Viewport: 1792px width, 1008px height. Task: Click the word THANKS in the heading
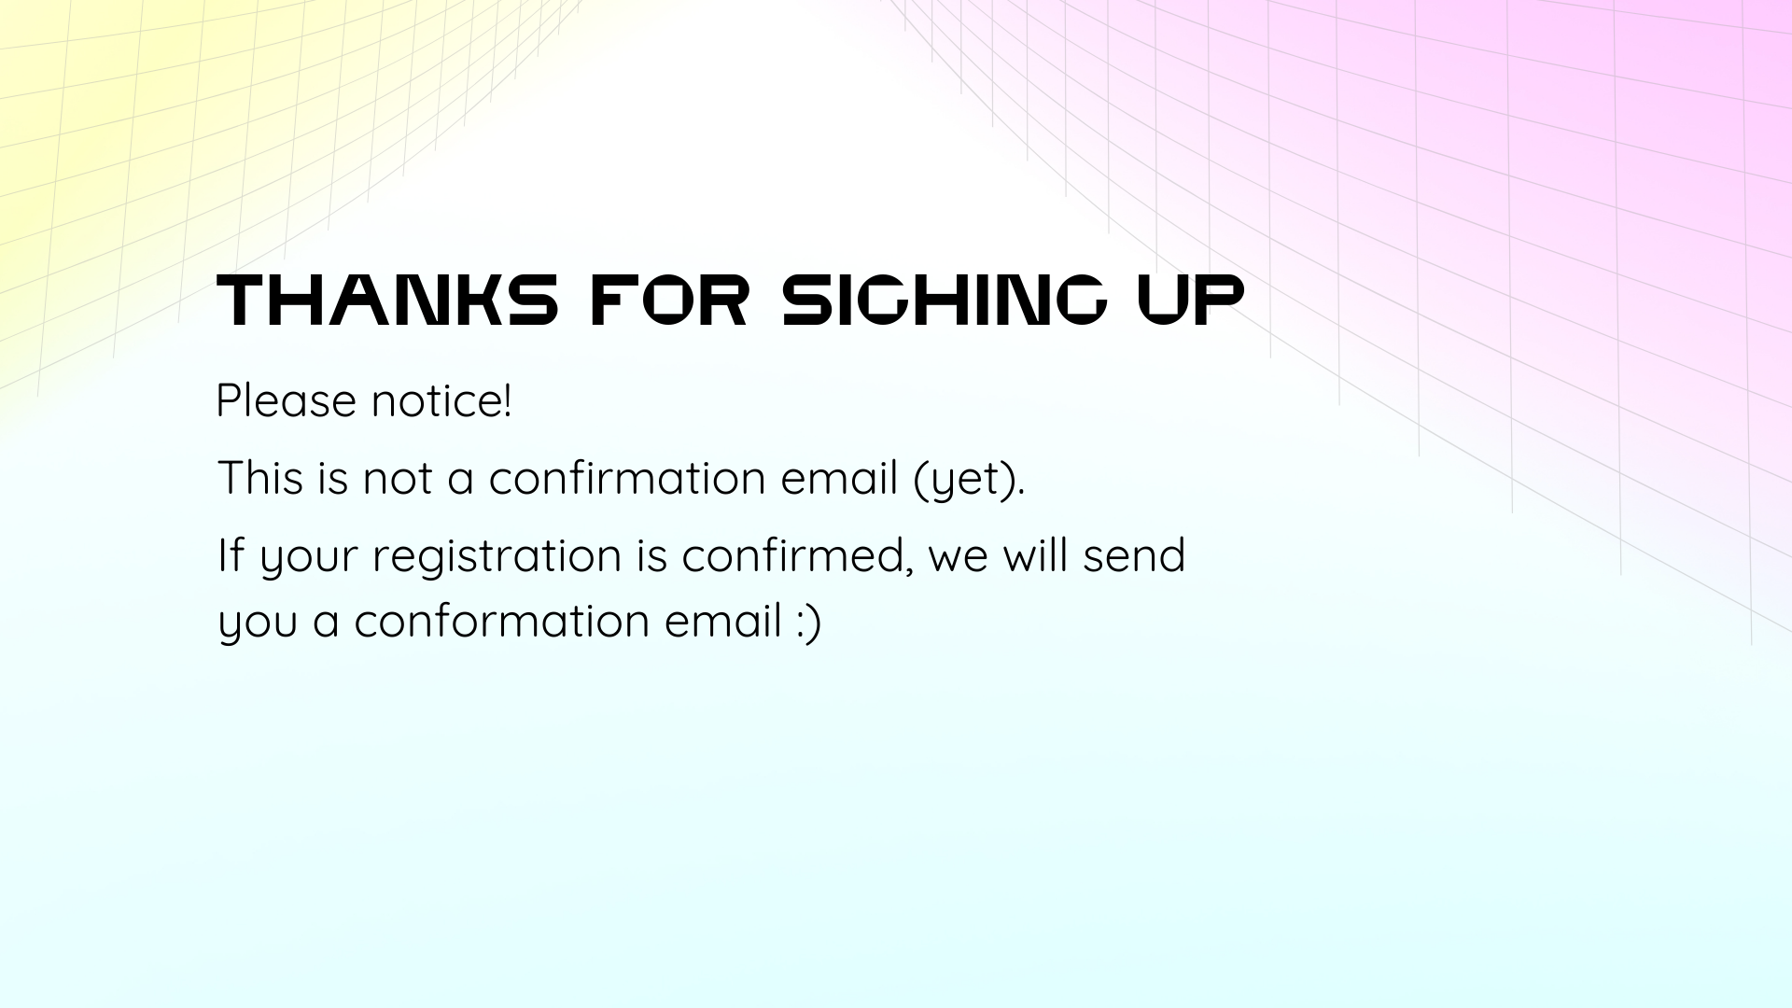(387, 300)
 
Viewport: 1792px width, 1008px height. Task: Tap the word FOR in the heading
(669, 300)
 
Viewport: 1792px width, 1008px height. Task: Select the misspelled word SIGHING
(945, 300)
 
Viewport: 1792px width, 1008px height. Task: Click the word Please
(286, 400)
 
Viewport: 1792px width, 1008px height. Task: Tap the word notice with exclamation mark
(441, 400)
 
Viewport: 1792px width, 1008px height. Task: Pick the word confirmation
(627, 478)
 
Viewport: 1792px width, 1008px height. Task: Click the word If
(231, 555)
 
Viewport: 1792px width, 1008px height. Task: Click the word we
(959, 560)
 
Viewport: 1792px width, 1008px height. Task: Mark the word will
(1035, 555)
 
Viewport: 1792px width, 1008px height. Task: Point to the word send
(1134, 555)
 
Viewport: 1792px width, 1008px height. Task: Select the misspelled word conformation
(501, 622)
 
